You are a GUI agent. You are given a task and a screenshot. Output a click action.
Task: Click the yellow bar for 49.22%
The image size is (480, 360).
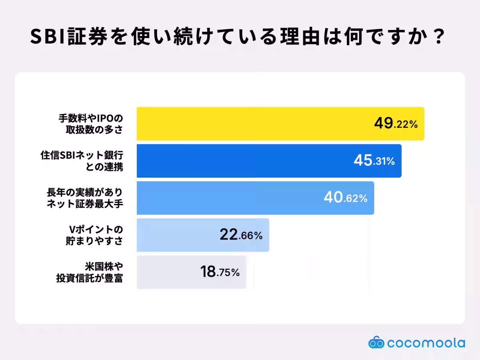tap(280, 124)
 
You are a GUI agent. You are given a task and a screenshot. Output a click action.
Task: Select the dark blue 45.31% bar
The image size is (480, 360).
tap(269, 161)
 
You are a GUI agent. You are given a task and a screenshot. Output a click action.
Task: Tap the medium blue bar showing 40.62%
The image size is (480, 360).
tap(256, 198)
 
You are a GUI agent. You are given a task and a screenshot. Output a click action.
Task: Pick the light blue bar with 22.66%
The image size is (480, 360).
tap(203, 235)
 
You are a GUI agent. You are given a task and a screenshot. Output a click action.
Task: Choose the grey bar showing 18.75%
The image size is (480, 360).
tap(192, 272)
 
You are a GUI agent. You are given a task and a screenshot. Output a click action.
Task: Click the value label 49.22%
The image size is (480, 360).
tap(396, 123)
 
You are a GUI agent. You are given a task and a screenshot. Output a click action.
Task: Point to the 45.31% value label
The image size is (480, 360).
tap(374, 160)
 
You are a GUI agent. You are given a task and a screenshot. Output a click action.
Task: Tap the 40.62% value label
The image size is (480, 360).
tap(346, 197)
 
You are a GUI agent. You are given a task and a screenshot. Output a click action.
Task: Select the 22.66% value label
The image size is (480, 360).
tap(241, 234)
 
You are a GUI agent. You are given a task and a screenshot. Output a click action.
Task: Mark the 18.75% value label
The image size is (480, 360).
tap(220, 272)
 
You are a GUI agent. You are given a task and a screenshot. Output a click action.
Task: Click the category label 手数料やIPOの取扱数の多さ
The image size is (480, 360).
tap(91, 124)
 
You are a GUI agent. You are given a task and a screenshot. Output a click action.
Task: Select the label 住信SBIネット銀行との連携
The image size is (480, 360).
tap(82, 161)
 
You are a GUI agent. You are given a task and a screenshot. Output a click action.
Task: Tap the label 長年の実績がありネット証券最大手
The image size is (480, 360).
tap(85, 198)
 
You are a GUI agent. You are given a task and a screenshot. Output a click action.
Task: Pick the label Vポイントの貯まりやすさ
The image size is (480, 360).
tap(94, 236)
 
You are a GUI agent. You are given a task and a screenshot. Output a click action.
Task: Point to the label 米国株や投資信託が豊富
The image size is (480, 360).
tap(90, 272)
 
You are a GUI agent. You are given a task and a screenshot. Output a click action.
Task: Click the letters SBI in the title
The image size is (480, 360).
tap(48, 36)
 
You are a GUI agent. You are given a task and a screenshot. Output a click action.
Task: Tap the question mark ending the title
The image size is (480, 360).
tap(439, 36)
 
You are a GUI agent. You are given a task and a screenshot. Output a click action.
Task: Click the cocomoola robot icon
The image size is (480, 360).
tap(376, 342)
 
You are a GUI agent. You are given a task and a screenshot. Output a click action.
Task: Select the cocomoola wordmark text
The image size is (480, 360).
tap(426, 343)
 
